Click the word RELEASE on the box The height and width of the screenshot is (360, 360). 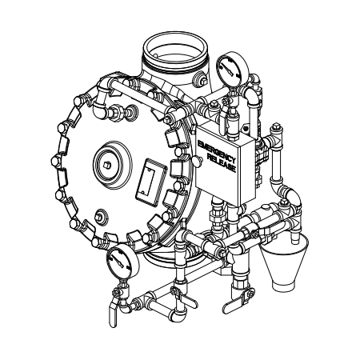[222, 163]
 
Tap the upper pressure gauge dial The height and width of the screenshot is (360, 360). [231, 68]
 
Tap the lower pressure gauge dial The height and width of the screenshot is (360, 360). [122, 262]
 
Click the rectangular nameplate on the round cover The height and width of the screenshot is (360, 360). [151, 182]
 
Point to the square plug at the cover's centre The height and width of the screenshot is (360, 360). [107, 166]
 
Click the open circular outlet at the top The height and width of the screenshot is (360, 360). [175, 51]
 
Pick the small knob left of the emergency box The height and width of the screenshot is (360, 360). [198, 162]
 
